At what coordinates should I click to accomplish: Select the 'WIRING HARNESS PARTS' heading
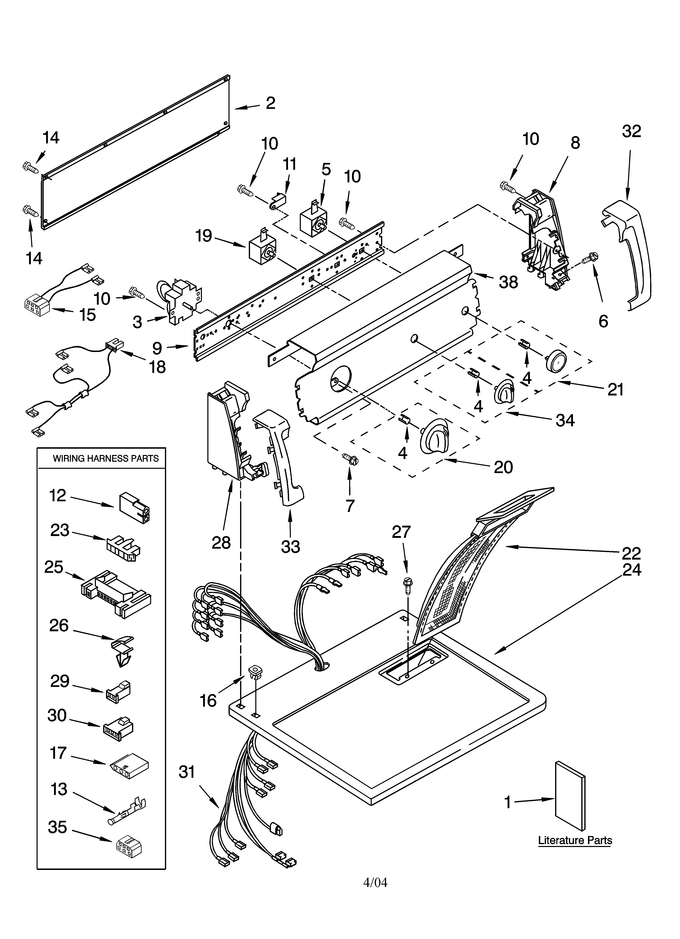[106, 458]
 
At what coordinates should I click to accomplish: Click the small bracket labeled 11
[279, 203]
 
